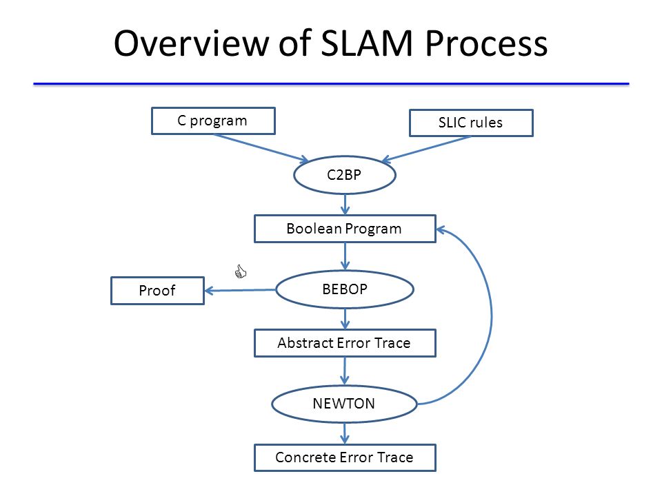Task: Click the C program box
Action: (x=213, y=121)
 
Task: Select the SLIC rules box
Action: (x=471, y=123)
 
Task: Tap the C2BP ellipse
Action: (x=345, y=175)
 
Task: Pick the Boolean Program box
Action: (x=345, y=229)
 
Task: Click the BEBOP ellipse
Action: (x=345, y=289)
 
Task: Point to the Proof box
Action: (x=157, y=291)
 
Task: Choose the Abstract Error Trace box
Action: (x=345, y=343)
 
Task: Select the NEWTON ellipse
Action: (x=345, y=404)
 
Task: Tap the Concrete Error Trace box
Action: (x=345, y=457)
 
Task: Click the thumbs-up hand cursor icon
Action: (x=240, y=271)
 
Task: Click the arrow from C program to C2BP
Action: (x=261, y=147)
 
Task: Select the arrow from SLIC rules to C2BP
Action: (x=426, y=149)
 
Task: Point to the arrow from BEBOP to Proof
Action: (x=240, y=290)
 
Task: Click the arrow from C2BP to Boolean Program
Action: (x=345, y=205)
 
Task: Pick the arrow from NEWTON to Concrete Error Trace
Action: (x=345, y=433)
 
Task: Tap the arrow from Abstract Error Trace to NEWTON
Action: (x=345, y=371)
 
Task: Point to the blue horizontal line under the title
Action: (x=332, y=84)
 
